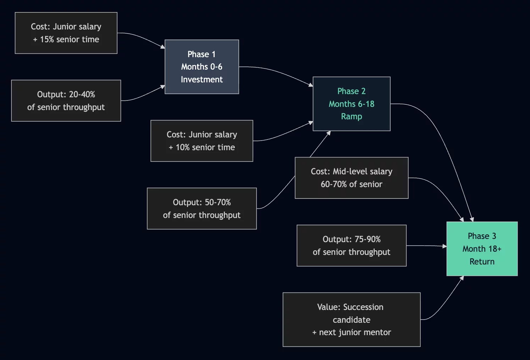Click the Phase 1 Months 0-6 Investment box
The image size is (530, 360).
pyautogui.click(x=201, y=67)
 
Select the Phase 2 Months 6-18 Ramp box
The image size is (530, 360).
pyautogui.click(x=351, y=104)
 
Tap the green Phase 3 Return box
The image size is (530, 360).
pyautogui.click(x=482, y=249)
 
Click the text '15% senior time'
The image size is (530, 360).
pyautogui.click(x=70, y=39)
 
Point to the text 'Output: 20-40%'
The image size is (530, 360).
pyautogui.click(x=66, y=94)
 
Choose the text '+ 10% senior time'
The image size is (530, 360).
pyautogui.click(x=201, y=147)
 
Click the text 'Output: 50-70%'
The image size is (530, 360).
pyautogui.click(x=201, y=202)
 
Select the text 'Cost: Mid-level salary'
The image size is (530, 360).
pyautogui.click(x=351, y=171)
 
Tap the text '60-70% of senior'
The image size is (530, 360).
pyautogui.click(x=351, y=184)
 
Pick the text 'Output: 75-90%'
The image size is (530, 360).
pyautogui.click(x=351, y=239)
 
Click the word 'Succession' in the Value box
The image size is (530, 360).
pyautogui.click(x=363, y=307)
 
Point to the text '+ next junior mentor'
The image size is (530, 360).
pyautogui.click(x=351, y=332)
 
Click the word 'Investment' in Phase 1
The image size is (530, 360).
pyautogui.click(x=201, y=80)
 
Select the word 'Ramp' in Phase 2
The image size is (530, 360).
pyautogui.click(x=351, y=116)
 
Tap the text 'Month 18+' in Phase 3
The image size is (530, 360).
pyautogui.click(x=482, y=249)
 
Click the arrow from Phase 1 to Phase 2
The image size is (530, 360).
pyautogui.click(x=277, y=71)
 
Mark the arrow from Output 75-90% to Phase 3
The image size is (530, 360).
pyautogui.click(x=426, y=245)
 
